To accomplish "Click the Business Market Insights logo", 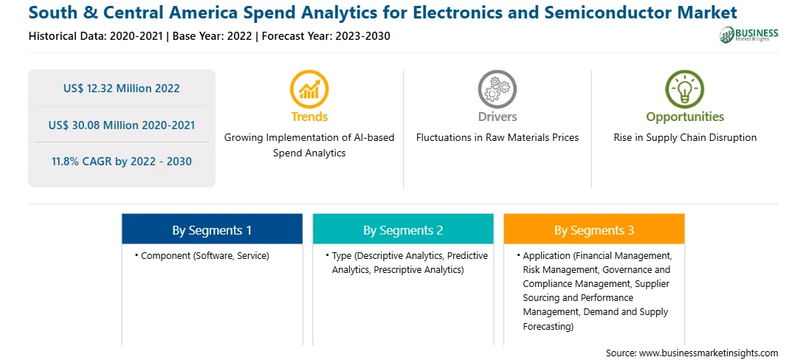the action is coord(748,35).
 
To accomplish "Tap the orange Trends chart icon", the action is coord(309,89).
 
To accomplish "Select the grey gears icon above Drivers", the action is coord(497,89).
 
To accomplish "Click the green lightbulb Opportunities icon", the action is coord(685,89).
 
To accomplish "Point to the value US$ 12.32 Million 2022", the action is coord(122,89).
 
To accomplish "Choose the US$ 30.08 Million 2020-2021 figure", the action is coord(122,125).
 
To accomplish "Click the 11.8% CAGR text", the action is coord(122,162).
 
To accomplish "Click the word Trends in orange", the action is coord(309,117).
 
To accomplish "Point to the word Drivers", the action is coord(497,117).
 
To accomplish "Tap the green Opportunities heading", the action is coord(685,117).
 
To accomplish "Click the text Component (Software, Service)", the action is coord(205,255).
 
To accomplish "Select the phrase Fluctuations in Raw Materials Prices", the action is coord(497,138).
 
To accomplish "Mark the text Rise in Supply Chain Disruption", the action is coord(685,138).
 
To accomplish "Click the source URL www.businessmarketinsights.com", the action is coord(709,353).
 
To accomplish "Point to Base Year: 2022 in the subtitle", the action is coord(213,36).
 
